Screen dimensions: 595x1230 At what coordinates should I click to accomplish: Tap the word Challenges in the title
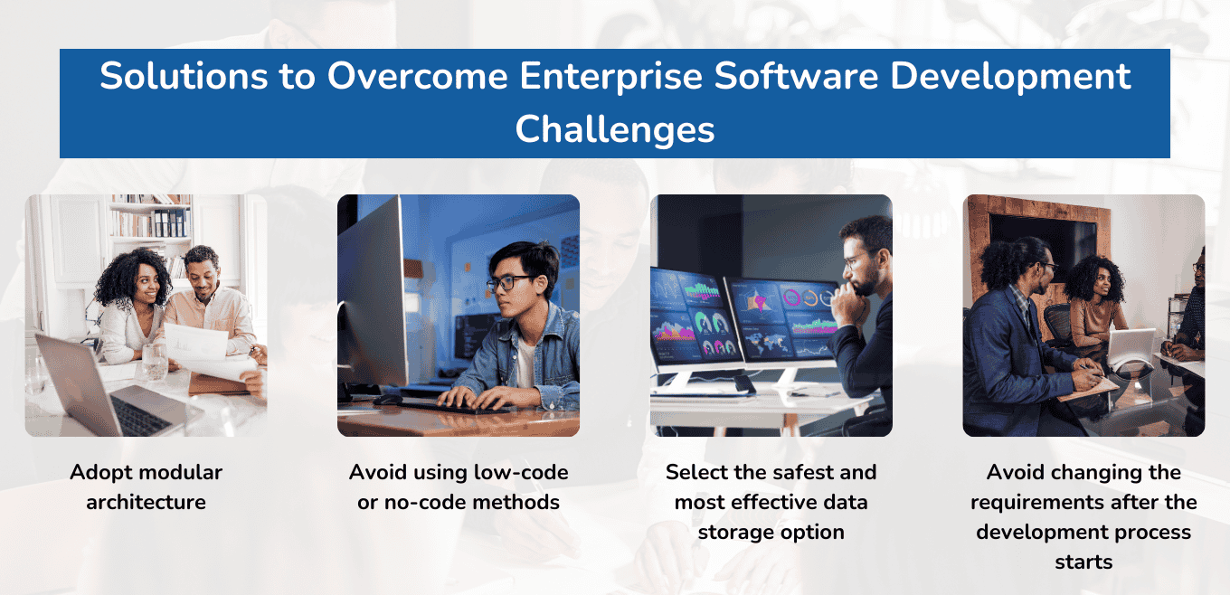[x=615, y=129]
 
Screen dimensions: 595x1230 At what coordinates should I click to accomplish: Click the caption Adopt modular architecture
[x=146, y=486]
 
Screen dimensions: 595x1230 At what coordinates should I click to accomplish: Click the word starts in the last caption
[x=1083, y=562]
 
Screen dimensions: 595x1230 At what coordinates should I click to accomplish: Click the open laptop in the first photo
[x=99, y=389]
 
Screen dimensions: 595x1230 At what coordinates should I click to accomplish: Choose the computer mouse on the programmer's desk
[x=389, y=399]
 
